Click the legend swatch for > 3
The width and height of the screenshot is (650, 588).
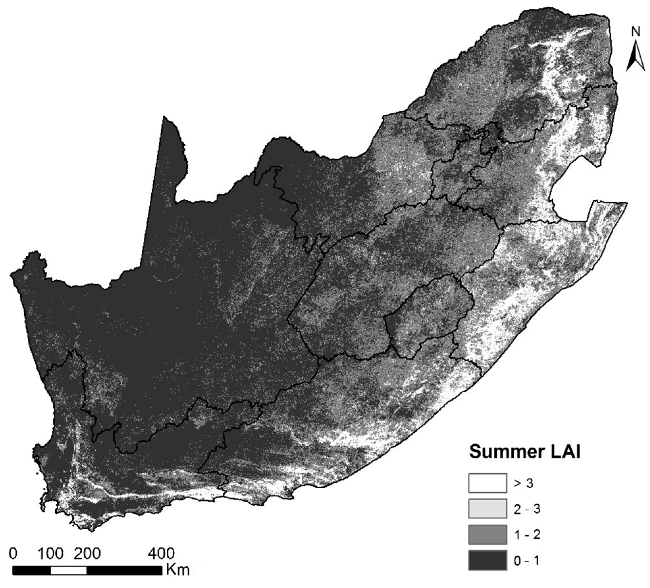click(x=487, y=483)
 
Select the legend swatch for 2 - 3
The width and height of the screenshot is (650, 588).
click(x=487, y=508)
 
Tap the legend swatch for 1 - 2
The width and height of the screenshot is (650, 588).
click(x=487, y=534)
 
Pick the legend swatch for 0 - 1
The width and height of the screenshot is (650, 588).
click(x=487, y=560)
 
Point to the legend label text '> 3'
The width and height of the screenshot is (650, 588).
click(x=523, y=483)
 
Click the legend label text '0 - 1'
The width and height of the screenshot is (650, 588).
click(x=527, y=561)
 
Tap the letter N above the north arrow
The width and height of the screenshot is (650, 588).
click(x=635, y=32)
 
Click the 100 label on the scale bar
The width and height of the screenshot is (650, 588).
click(x=50, y=554)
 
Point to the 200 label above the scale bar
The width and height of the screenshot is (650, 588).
click(x=87, y=554)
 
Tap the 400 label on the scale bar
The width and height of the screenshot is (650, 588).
click(x=161, y=554)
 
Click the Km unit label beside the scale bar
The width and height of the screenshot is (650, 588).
click(x=178, y=570)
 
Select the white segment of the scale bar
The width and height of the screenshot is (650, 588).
click(x=69, y=570)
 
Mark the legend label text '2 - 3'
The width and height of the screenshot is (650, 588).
click(x=527, y=509)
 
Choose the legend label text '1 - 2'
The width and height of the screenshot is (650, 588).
click(x=527, y=535)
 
